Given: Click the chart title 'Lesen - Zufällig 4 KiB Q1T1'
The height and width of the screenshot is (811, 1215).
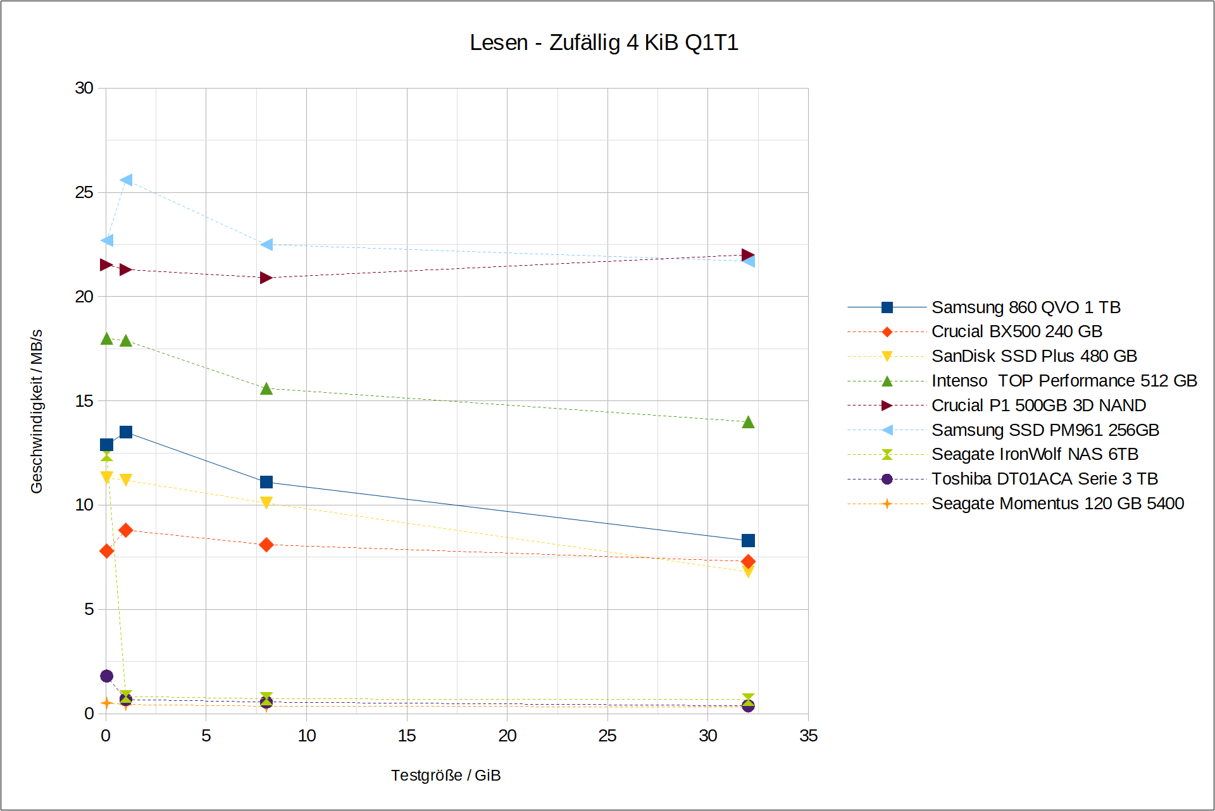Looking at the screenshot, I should (x=604, y=42).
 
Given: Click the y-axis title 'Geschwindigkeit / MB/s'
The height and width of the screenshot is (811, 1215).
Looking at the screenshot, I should (x=37, y=411).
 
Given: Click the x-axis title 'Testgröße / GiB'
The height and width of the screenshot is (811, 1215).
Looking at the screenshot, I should (x=445, y=775).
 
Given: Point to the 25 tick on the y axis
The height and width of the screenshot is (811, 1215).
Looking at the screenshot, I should (x=84, y=192).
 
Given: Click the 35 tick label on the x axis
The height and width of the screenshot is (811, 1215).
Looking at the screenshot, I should (x=808, y=736).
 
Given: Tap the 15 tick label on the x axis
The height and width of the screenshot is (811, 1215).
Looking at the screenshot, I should (x=407, y=736).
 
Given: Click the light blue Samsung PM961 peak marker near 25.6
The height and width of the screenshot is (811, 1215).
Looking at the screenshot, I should (x=127, y=180).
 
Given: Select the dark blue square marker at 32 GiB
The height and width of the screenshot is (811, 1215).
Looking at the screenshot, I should (x=748, y=540).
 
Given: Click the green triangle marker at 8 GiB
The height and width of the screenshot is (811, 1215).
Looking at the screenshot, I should (x=266, y=388).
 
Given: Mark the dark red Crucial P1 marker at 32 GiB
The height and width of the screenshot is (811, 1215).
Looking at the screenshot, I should (x=748, y=255).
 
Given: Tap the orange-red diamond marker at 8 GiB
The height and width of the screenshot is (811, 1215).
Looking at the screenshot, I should (x=266, y=545).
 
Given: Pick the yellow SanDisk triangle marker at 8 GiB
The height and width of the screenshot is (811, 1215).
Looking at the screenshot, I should (x=266, y=503).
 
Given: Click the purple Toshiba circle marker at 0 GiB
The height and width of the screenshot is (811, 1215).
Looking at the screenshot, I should (x=107, y=676).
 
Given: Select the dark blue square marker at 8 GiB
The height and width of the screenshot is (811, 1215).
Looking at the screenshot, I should (x=266, y=482).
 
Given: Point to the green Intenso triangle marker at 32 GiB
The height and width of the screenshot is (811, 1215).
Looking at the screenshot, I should (x=748, y=422).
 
